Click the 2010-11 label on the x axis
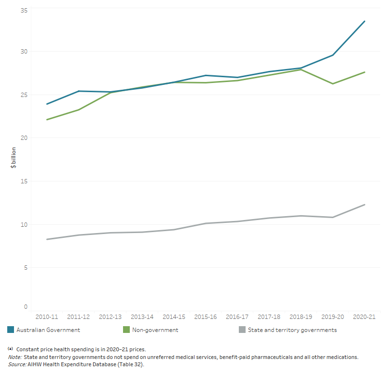click(x=46, y=317)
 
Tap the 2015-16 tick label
click(x=206, y=317)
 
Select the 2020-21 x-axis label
click(x=364, y=317)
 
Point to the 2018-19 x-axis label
click(x=301, y=317)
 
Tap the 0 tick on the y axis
click(x=26, y=307)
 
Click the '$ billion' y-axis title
click(x=14, y=157)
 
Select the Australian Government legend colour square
click(x=11, y=330)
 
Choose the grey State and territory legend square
click(x=242, y=330)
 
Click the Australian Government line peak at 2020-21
click(x=364, y=21)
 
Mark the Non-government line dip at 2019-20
click(x=332, y=83)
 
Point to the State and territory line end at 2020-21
click(x=364, y=205)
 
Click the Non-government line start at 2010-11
click(x=46, y=120)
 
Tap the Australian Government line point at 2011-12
click(x=78, y=91)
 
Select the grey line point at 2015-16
click(x=206, y=223)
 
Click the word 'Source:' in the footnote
click(x=17, y=364)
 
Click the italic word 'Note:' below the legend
click(x=14, y=357)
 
